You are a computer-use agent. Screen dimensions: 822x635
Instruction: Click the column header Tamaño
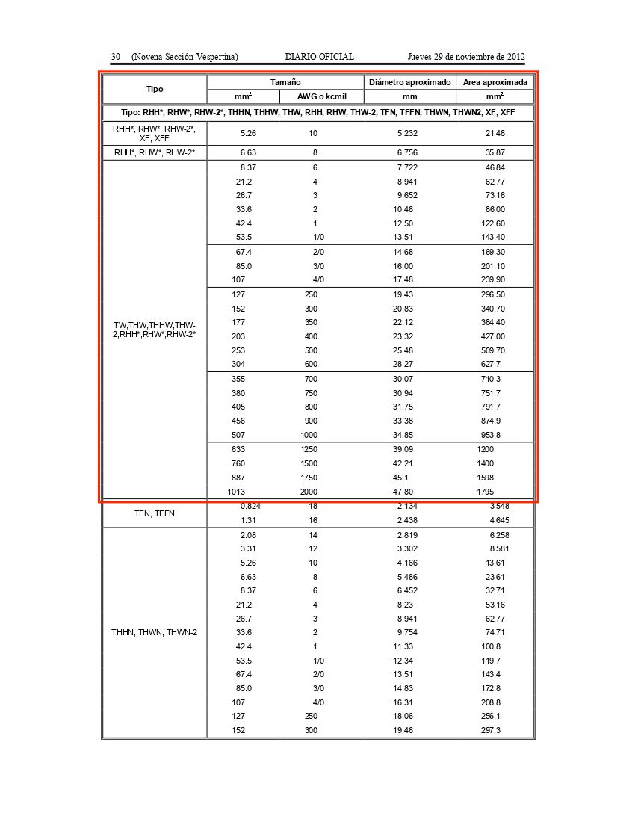[x=285, y=82]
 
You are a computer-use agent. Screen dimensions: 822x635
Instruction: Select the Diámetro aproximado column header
[x=409, y=82]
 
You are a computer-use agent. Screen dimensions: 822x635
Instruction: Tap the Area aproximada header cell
[x=495, y=82]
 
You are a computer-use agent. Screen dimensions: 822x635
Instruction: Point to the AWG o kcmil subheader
[x=322, y=96]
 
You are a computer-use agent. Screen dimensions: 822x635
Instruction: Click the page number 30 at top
[x=117, y=57]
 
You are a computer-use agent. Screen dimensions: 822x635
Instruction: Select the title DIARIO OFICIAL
[x=319, y=57]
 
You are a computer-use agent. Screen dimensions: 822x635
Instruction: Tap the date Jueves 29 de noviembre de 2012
[x=466, y=57]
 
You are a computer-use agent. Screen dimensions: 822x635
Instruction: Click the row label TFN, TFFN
[x=154, y=513]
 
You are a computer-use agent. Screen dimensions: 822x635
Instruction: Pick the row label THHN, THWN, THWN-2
[x=154, y=632]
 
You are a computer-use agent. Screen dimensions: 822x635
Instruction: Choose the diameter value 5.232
[x=407, y=133]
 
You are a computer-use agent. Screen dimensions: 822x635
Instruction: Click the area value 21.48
[x=495, y=133]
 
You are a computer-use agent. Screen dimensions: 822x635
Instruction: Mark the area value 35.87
[x=495, y=152]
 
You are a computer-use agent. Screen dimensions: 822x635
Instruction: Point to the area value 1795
[x=485, y=492]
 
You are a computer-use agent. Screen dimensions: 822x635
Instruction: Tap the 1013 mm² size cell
[x=236, y=492]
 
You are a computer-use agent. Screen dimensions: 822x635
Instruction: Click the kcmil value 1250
[x=309, y=450]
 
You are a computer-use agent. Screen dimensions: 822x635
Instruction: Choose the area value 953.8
[x=491, y=435]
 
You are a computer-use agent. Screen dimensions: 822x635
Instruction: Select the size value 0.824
[x=250, y=507]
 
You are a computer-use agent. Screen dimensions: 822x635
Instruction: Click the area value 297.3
[x=491, y=730]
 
